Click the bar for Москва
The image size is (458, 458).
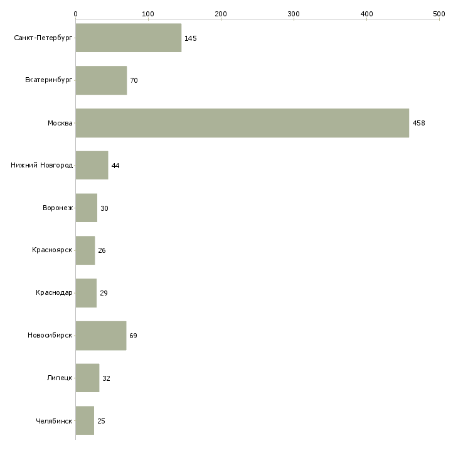(242, 123)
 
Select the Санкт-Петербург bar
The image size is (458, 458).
(129, 38)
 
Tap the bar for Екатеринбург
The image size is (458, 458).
(101, 80)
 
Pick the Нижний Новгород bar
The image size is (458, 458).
(92, 166)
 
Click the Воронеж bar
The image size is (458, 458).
(87, 208)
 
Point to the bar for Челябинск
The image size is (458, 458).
(85, 420)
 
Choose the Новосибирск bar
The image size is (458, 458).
(101, 336)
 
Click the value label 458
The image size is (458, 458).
(418, 123)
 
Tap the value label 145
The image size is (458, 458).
(191, 38)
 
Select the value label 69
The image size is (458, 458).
(133, 336)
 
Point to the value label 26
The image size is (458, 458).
(102, 250)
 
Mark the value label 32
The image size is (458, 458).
(106, 378)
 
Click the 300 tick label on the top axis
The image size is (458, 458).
(294, 14)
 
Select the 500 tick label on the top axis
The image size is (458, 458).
(439, 14)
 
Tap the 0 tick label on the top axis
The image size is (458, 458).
(76, 14)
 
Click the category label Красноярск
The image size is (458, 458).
(52, 250)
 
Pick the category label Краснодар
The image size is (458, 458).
(54, 292)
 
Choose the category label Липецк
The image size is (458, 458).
(60, 378)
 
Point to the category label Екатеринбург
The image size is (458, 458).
(48, 80)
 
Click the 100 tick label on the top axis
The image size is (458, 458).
(148, 14)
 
